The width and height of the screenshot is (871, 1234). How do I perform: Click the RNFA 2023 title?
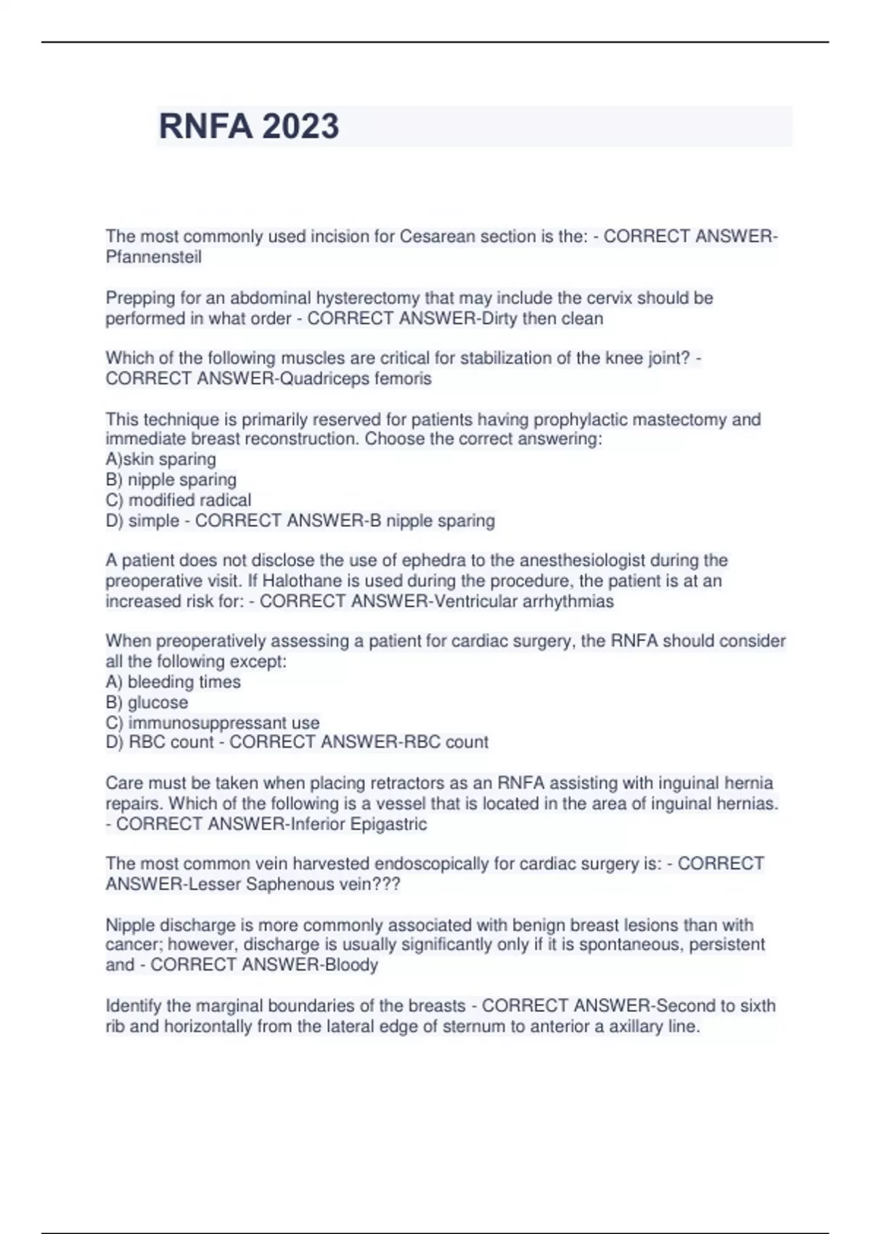coord(248,126)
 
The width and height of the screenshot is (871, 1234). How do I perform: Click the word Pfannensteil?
coord(153,257)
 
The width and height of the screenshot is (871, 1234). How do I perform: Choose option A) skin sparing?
coord(160,459)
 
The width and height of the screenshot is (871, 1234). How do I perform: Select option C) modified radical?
coord(179,500)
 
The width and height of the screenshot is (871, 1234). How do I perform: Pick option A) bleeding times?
coord(173,682)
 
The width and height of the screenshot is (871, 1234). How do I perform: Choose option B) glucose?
coord(147,703)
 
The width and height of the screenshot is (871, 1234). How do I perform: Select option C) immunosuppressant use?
coord(213,723)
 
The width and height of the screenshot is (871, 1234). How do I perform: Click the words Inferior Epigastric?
coord(359,825)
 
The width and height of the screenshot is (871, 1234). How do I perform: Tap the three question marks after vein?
coord(385,885)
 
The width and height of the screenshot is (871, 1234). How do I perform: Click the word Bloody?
coord(351,965)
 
